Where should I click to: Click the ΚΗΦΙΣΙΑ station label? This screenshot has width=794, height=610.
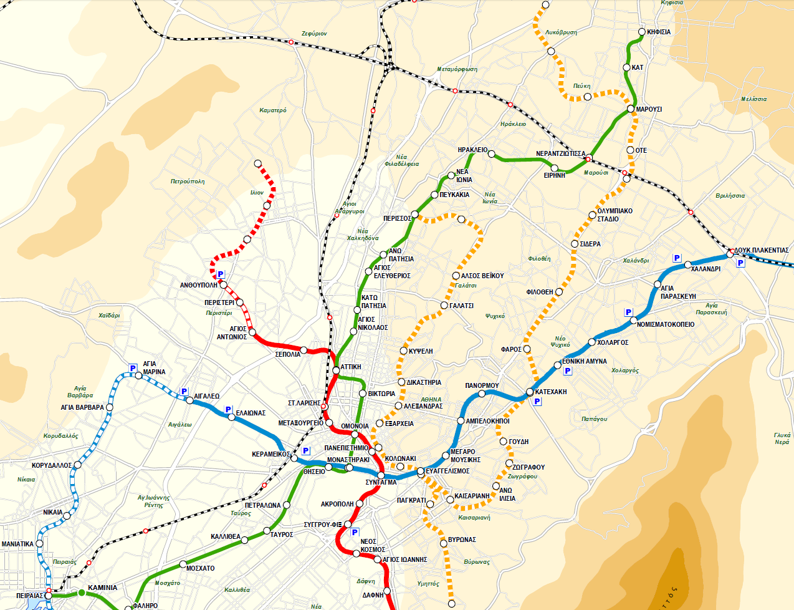(659, 32)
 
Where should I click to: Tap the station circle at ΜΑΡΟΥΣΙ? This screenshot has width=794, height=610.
(631, 110)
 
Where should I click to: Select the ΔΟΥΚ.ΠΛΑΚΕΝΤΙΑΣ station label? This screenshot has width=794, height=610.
(762, 250)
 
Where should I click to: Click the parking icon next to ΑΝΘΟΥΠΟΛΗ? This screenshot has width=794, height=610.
(221, 274)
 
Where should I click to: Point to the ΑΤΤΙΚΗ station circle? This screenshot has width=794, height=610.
(336, 370)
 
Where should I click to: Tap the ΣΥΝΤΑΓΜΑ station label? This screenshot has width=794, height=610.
(381, 482)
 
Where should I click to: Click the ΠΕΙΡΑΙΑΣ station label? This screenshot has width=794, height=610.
(29, 596)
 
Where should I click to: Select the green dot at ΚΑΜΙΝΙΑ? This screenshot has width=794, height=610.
(81, 592)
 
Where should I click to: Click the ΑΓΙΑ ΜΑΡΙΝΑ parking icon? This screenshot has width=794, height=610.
(132, 367)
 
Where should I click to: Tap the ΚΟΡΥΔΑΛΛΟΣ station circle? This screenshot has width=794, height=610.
(77, 465)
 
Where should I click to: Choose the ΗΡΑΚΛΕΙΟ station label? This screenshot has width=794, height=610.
(472, 150)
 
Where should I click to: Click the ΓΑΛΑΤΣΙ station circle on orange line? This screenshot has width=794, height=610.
(444, 306)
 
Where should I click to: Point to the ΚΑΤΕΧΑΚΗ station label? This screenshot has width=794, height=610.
(551, 392)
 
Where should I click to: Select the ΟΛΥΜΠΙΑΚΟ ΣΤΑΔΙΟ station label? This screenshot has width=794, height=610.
(615, 215)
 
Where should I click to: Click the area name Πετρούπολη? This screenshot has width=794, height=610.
(188, 182)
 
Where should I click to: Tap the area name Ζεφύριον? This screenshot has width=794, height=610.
(314, 34)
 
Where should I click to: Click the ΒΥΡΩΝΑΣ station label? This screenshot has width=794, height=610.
(462, 540)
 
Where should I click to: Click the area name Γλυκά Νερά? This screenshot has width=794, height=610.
(782, 438)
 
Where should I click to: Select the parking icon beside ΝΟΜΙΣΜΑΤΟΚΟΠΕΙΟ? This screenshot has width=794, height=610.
(628, 312)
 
